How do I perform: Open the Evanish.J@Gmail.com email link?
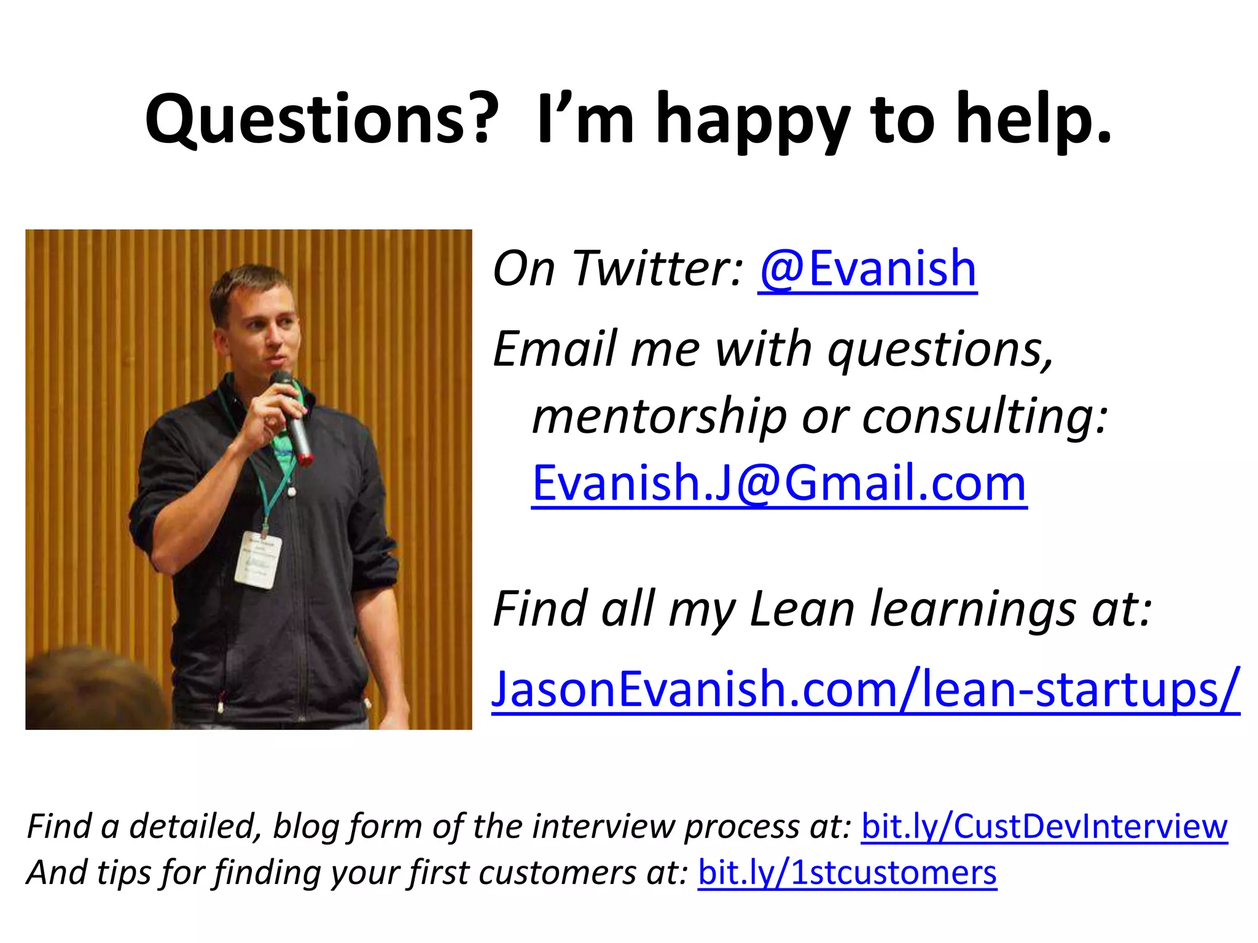(779, 483)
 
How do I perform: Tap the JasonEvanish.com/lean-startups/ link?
(865, 689)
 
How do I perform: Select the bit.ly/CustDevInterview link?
(1044, 826)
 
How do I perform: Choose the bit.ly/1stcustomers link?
(847, 872)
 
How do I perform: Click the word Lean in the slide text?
(802, 609)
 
